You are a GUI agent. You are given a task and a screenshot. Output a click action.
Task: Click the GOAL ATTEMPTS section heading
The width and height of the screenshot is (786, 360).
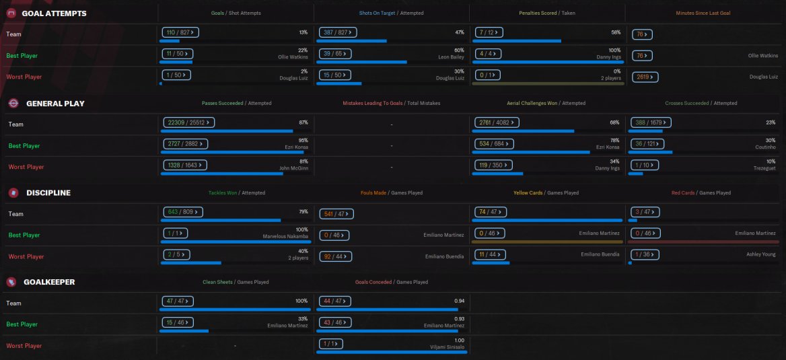[x=54, y=13]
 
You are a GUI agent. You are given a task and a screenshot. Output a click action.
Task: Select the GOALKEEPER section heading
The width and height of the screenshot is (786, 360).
[x=50, y=282]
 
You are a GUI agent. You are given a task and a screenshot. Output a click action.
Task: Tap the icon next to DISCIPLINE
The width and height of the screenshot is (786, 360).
[x=13, y=193]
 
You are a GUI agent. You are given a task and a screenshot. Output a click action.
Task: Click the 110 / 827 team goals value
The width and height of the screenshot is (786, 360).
[x=177, y=32]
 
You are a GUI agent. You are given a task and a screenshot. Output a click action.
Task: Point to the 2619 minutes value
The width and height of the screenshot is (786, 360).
[x=645, y=77]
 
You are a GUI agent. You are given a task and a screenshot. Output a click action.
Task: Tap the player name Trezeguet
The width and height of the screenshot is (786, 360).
[x=763, y=169]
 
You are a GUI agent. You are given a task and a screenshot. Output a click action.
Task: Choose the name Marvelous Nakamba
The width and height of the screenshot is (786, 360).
[x=285, y=236]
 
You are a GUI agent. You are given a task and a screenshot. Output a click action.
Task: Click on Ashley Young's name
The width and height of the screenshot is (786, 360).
[x=761, y=254]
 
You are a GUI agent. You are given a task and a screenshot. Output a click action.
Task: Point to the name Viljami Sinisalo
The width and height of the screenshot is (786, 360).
[x=446, y=347]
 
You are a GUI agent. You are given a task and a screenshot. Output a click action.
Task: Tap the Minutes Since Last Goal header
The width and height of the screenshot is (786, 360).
[x=703, y=13]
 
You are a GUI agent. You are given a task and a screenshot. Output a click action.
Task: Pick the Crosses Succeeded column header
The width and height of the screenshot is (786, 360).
[x=686, y=104]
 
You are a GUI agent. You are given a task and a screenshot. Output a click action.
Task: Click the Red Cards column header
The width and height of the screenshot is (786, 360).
[x=683, y=193]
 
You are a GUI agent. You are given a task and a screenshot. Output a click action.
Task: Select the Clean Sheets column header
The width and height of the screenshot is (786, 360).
[x=217, y=282]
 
